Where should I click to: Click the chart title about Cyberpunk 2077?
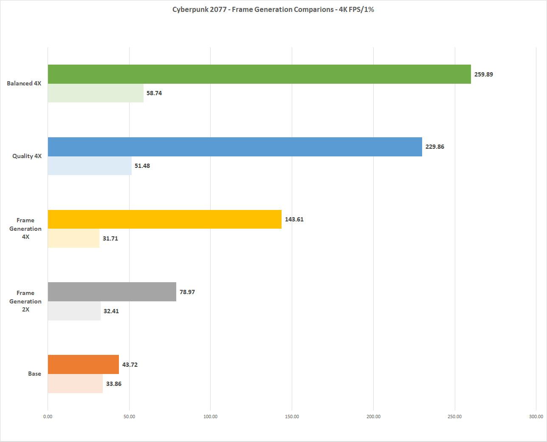273,9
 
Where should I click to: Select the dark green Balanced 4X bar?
259,74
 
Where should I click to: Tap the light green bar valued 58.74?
96,93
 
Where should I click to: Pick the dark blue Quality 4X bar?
235,147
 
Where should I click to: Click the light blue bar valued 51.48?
90,166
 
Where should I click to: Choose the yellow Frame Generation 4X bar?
164,219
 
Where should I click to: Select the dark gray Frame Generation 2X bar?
112,292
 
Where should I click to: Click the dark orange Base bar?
83,365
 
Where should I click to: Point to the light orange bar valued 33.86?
75,384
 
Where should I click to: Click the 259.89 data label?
484,74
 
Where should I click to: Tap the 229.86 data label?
435,147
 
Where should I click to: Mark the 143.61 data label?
294,220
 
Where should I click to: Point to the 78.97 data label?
187,292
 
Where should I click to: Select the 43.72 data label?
130,365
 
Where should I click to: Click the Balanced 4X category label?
24,84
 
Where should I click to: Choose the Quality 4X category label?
27,156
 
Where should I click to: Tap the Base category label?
34,374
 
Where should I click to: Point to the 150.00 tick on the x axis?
292,416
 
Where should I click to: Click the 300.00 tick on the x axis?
536,416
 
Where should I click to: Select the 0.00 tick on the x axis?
48,416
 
